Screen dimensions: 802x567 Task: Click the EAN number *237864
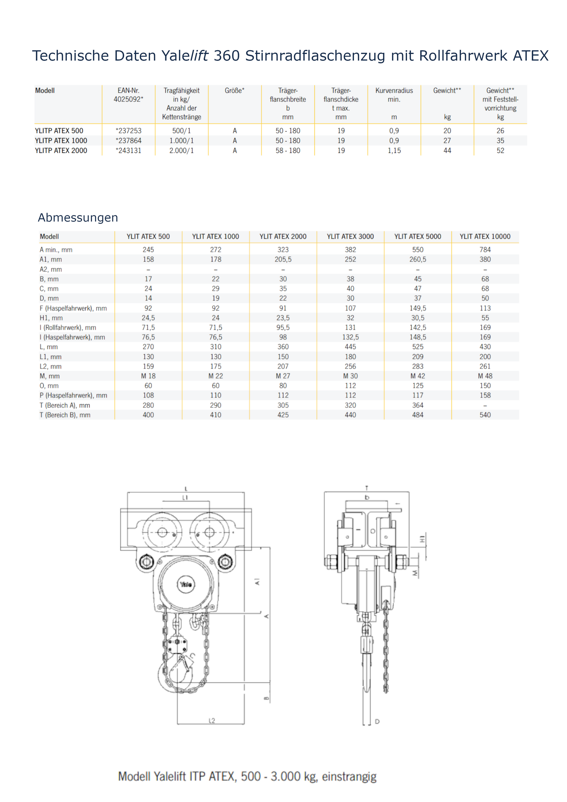[128, 140]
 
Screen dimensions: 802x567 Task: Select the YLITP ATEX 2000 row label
[61, 151]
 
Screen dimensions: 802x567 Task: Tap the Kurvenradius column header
[394, 91]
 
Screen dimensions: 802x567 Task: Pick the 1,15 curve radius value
[394, 151]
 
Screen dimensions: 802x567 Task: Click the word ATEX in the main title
[530, 56]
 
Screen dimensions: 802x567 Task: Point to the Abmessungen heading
[78, 218]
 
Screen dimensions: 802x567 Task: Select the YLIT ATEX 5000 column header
[418, 237]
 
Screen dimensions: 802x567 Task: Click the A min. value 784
[485, 250]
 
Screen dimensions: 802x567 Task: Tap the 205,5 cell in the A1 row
[283, 260]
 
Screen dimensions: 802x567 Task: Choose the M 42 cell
[418, 376]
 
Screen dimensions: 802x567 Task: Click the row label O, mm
[49, 386]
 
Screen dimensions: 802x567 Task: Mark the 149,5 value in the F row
[418, 308]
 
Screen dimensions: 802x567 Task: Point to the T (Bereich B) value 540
[485, 415]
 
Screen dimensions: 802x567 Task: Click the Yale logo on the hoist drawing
[186, 584]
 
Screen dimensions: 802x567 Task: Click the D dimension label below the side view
[377, 721]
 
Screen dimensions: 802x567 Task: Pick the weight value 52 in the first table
[500, 151]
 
